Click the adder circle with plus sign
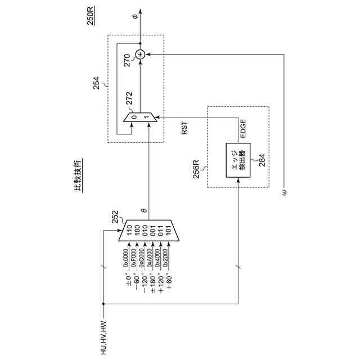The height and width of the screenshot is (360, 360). coord(140,54)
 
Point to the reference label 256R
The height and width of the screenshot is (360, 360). coord(197,168)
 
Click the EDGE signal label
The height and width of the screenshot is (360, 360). coord(243,129)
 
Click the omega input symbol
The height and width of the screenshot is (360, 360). coord(285,193)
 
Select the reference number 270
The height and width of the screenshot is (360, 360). coord(128,59)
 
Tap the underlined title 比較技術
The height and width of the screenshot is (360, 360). coord(79,176)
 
